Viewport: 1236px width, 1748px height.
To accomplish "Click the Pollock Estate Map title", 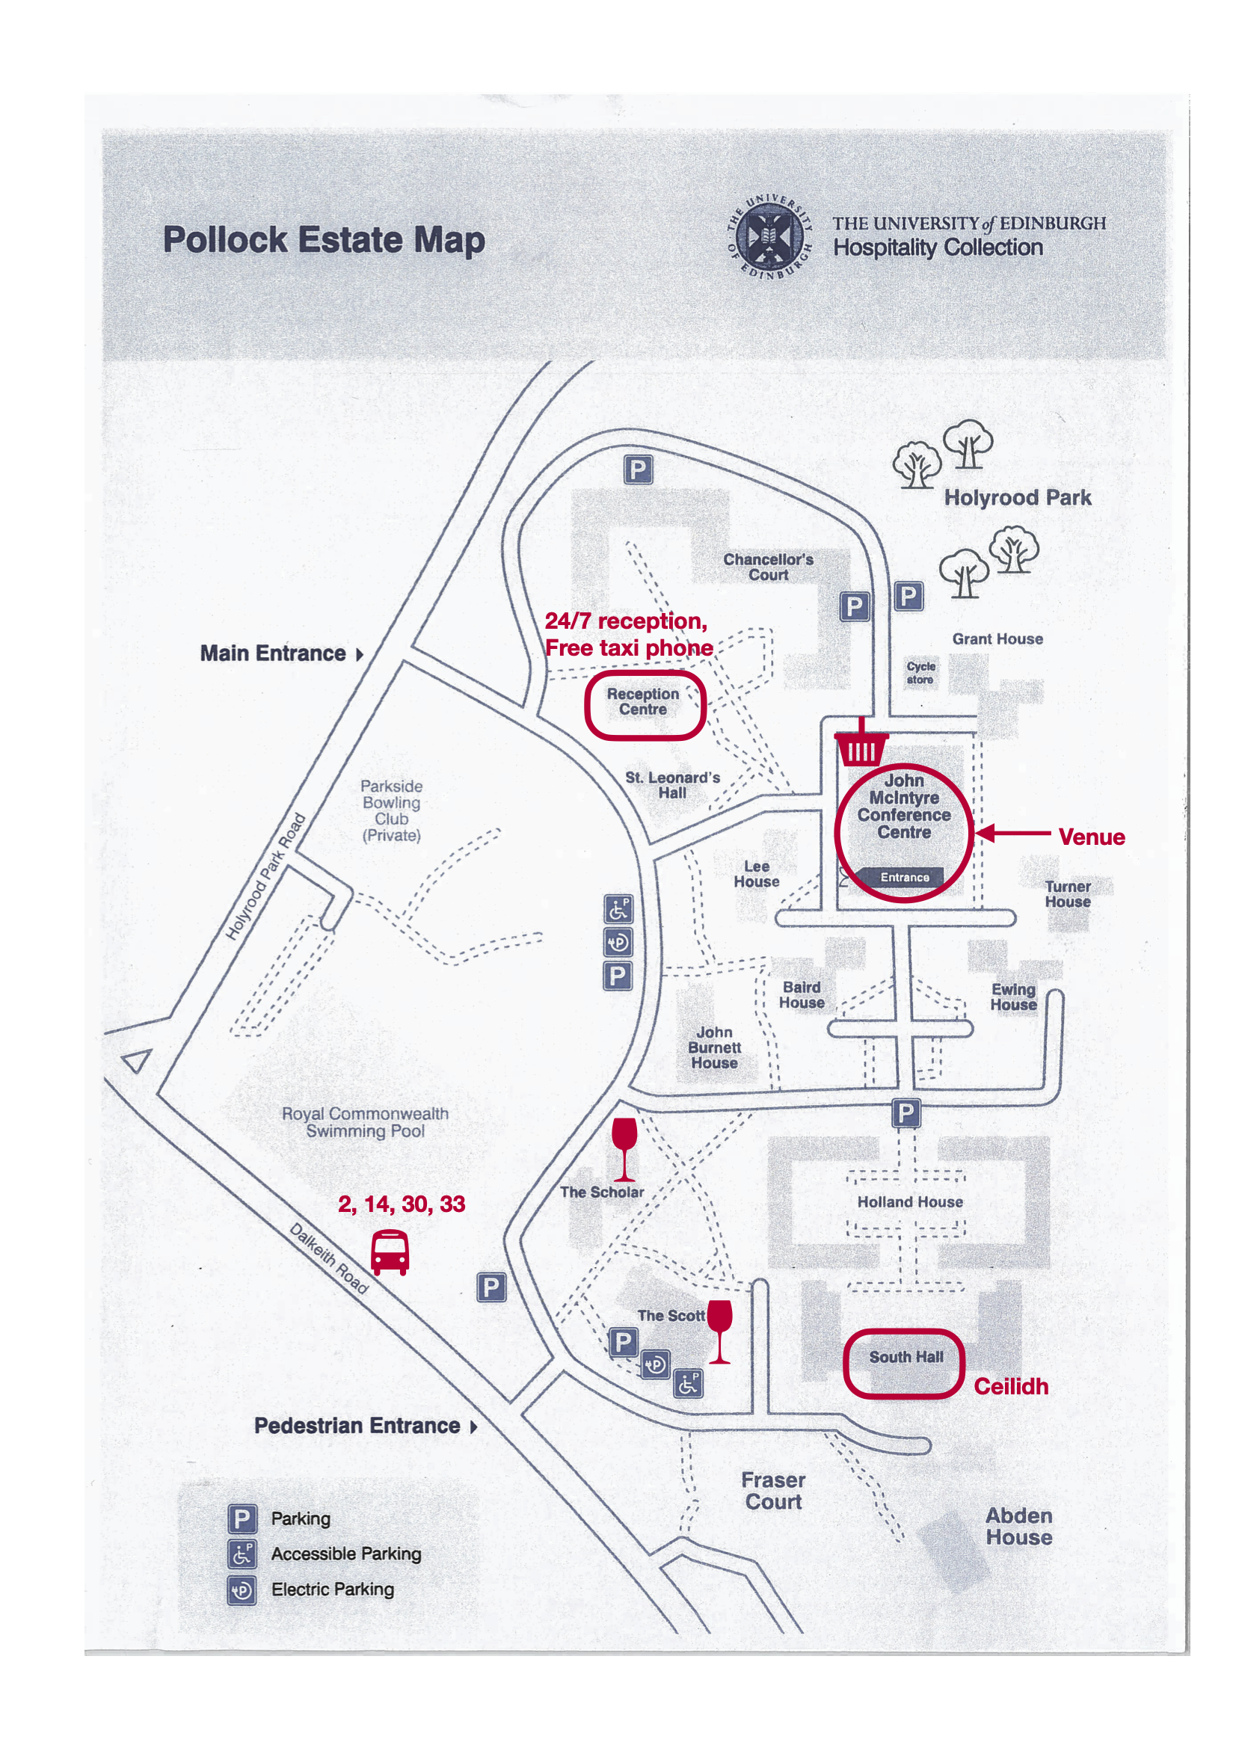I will click(324, 240).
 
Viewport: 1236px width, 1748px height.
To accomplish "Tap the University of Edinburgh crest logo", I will click(769, 237).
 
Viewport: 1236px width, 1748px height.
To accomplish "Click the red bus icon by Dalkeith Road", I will click(390, 1252).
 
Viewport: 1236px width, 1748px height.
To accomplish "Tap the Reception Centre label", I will click(643, 702).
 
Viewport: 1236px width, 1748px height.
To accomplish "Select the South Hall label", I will click(906, 1357).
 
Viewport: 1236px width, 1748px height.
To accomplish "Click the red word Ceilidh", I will click(1011, 1386).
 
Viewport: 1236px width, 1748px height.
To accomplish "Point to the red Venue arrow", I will click(1013, 833).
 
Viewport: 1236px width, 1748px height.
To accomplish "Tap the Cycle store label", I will click(920, 673).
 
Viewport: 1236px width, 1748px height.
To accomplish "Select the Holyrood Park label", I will click(1018, 498).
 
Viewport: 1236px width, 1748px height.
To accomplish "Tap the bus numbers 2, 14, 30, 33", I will click(402, 1204).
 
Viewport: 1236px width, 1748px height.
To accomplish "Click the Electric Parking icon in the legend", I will click(242, 1589).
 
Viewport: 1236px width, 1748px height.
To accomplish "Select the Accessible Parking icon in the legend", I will click(242, 1554).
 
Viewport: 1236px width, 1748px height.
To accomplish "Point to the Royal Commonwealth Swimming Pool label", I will click(365, 1122).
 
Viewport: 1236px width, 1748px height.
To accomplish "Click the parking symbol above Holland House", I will click(906, 1113).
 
